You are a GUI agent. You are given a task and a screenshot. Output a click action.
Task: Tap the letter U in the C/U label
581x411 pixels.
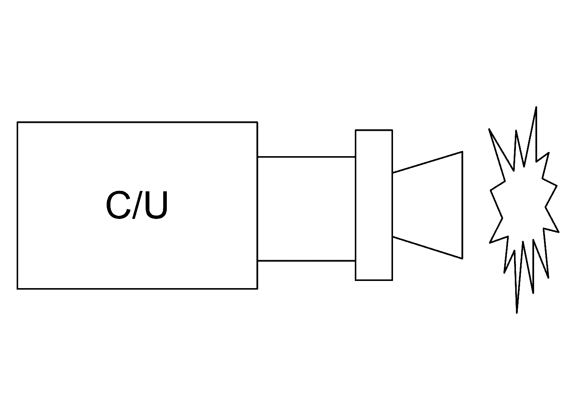156,206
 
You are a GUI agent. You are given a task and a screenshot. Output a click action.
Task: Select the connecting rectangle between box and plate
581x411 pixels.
306,209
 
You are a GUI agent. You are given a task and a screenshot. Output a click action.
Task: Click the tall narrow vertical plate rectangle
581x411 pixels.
374,205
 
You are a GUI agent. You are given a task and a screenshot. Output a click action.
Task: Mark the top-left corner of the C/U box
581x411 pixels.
17,122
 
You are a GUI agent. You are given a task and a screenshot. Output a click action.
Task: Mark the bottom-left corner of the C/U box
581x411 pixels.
17,289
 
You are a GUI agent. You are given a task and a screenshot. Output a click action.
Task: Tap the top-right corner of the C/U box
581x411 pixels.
257,122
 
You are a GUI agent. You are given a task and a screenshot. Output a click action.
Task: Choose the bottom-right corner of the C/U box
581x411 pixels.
257,289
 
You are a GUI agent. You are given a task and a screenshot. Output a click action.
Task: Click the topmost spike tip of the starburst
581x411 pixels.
536,107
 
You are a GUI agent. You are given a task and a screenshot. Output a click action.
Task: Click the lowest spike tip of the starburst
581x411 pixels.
517,313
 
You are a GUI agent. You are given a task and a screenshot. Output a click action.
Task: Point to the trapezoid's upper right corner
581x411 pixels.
462,152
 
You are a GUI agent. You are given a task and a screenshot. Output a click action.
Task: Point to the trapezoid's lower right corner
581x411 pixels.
462,259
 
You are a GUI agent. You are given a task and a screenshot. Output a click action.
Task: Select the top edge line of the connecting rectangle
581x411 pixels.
306,157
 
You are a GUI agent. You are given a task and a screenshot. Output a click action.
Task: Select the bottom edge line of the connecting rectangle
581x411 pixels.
306,261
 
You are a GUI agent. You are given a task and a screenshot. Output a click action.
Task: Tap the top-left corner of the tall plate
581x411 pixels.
356,130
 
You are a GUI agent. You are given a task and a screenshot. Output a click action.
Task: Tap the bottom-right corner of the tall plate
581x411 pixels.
392,280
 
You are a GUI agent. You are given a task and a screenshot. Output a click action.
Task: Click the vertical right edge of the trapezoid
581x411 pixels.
462,205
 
